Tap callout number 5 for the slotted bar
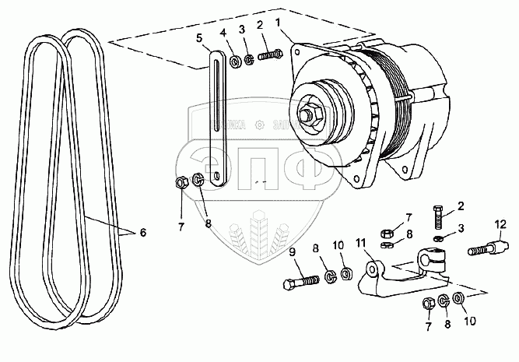point(200,37)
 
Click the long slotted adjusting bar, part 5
point(216,117)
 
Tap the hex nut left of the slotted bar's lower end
point(179,184)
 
